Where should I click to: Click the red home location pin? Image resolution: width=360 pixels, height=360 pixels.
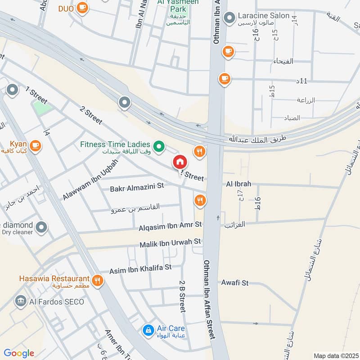pyautogui.click(x=179, y=162)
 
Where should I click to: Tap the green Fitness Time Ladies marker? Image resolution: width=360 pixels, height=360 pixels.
pyautogui.click(x=158, y=146)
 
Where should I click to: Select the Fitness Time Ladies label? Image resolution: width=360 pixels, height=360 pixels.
pyautogui.click(x=115, y=144)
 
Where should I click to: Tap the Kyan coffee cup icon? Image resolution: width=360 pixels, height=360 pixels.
pyautogui.click(x=36, y=145)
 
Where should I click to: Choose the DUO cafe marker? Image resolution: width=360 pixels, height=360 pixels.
pyautogui.click(x=81, y=8)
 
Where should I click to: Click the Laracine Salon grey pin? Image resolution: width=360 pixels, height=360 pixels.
pyautogui.click(x=229, y=18)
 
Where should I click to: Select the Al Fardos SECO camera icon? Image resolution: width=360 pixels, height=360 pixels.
pyautogui.click(x=20, y=301)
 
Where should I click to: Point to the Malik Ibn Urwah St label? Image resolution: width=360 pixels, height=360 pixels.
pyautogui.click(x=170, y=243)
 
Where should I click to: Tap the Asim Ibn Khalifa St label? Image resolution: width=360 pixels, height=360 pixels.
pyautogui.click(x=140, y=269)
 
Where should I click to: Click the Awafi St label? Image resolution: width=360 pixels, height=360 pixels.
pyautogui.click(x=234, y=283)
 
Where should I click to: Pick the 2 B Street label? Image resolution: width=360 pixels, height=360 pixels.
pyautogui.click(x=182, y=297)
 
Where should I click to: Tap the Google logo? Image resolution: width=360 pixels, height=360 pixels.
pyautogui.click(x=19, y=353)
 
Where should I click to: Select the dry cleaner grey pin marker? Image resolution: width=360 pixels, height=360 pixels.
pyautogui.click(x=41, y=228)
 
